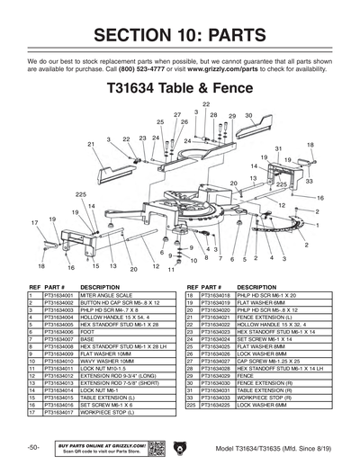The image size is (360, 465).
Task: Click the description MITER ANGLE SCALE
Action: coord(107,295)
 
